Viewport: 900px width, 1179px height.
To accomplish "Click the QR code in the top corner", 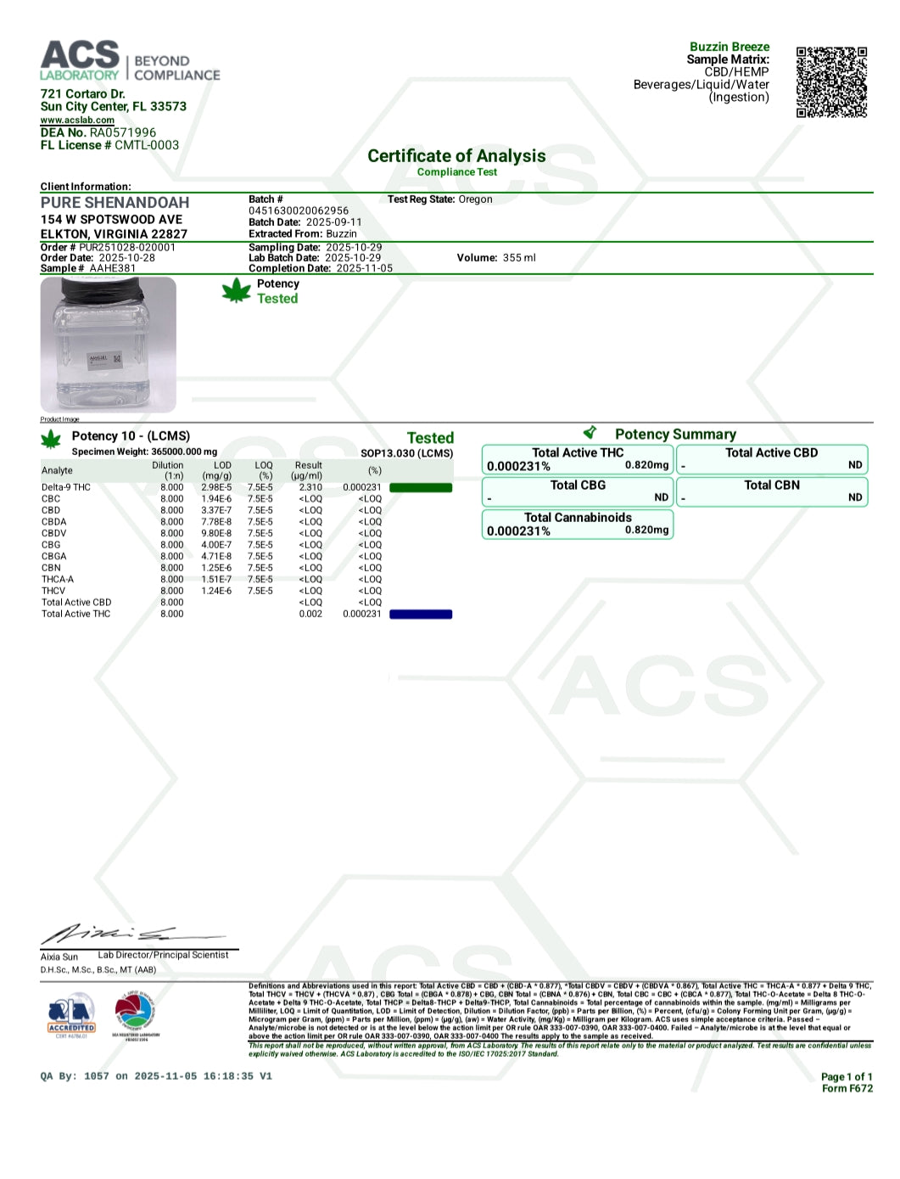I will [x=831, y=81].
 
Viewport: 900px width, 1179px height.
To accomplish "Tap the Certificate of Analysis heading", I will [x=456, y=156].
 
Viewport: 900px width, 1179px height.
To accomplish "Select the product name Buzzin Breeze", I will [x=730, y=47].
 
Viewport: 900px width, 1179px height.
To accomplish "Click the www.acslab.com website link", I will [x=77, y=121].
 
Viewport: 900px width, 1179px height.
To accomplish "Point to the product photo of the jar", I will [x=108, y=345].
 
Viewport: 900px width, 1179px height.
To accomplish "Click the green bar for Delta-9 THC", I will [x=421, y=488].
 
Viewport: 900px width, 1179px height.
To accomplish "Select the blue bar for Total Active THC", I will [x=421, y=615].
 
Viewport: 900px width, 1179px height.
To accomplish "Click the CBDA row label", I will [x=53, y=522].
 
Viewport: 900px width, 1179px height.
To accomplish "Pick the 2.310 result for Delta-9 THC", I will [x=310, y=488].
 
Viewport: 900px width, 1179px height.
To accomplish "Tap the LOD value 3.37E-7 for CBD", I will [x=216, y=511].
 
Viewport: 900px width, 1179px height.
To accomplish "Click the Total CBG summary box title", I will [x=578, y=486].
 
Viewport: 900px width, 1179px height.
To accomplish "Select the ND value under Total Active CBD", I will [x=855, y=465].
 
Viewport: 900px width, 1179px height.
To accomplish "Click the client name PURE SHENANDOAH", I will [x=115, y=203].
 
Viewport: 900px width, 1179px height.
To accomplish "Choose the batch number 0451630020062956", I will [x=299, y=211].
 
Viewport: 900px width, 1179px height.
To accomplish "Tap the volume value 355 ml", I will [x=519, y=258].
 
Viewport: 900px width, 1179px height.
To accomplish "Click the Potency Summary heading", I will [x=675, y=435].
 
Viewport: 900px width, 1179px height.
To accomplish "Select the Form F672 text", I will [x=847, y=1089].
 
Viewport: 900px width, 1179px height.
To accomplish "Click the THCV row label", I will [x=53, y=591].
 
